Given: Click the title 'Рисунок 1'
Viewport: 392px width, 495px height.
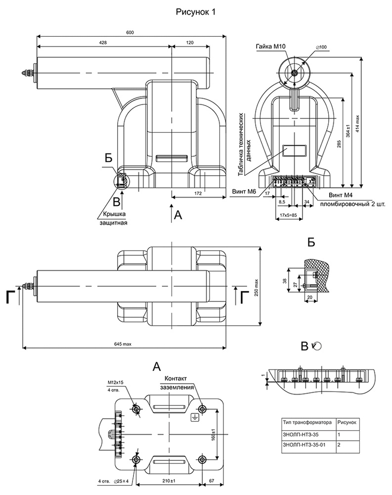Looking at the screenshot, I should point(196,12).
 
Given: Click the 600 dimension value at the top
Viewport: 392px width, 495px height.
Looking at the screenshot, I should point(130,33).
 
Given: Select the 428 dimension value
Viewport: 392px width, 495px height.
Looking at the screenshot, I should point(103,43).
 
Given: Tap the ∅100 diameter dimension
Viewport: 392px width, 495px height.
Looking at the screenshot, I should point(322,47).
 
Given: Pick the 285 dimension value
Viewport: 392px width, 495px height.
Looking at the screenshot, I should point(339,144).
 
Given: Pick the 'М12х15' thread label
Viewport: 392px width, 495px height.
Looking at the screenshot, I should point(115,383).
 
